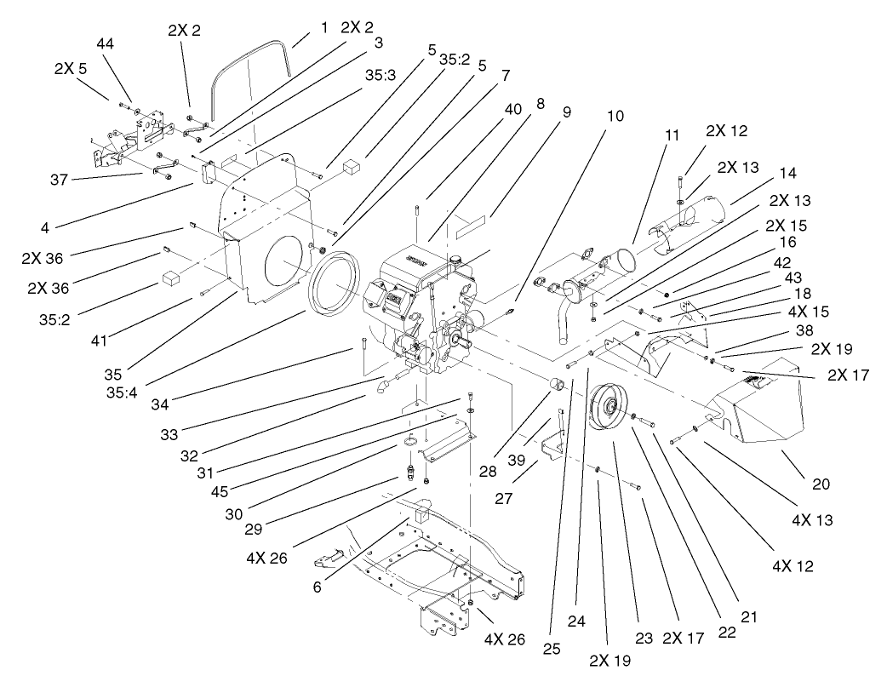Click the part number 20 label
(x=819, y=484)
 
